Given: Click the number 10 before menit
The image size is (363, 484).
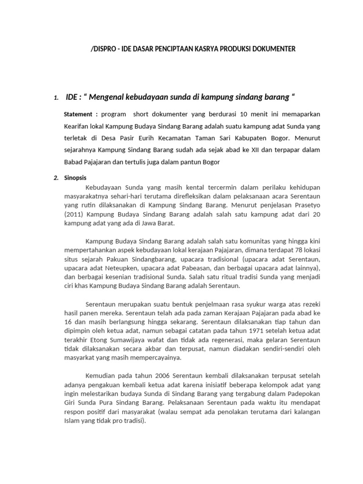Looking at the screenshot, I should (x=244, y=114).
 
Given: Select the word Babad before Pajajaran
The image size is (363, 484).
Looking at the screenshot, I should (x=74, y=162).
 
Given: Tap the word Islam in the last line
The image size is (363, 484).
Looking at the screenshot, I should (x=73, y=421).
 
